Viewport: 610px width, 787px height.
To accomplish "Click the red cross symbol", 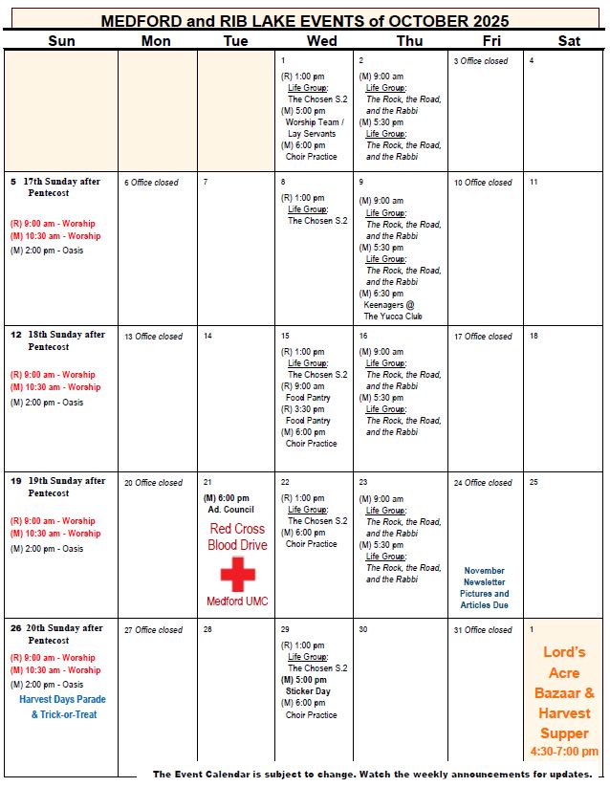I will pos(238,574).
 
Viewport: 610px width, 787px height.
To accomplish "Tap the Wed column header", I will pos(321,40).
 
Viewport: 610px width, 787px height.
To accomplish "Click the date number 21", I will pos(207,483).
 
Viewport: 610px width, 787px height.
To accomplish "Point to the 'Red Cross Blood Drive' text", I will pos(238,536).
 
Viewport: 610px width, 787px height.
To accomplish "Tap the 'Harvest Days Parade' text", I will pos(63,699).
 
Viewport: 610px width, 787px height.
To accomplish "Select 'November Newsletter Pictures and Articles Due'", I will pos(485,587).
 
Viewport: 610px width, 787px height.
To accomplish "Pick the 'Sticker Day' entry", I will pos(308,691).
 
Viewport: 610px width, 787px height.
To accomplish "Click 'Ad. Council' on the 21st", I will pos(229,510).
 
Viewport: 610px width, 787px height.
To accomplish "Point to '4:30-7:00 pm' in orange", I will pos(564,751).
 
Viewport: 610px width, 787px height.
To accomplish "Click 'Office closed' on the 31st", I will pos(488,630).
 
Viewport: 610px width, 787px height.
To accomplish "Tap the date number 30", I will pos(363,630).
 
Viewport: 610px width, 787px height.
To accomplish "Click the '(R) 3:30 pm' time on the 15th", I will pos(302,409).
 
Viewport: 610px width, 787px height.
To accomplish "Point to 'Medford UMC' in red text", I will pos(238,601).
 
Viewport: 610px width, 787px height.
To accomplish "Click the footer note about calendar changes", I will pos(372,774).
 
